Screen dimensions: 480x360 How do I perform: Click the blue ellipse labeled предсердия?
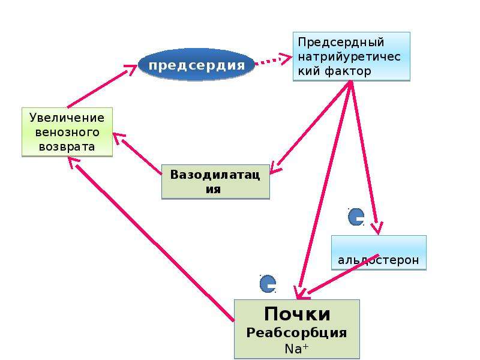pos(196,65)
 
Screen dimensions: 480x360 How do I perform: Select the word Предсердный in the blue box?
pos(341,42)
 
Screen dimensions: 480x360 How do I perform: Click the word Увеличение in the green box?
pos(67,118)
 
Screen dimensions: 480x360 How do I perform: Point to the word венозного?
pos(67,132)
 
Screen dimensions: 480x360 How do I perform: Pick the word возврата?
pos(67,146)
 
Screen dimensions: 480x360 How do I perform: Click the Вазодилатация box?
pos(215,182)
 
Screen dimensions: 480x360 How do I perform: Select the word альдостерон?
pos(379,260)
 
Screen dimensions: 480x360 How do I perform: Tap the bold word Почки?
pos(297,314)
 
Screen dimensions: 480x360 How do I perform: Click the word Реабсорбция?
pos(296,333)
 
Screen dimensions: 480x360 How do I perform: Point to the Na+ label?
pos(296,349)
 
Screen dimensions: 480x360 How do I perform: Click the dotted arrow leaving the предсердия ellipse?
pos(273,60)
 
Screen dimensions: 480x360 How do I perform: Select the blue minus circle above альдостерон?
pos(356,217)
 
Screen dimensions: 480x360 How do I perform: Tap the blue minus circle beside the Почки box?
pos(268,284)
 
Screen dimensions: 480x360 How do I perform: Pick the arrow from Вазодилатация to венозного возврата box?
pos(137,154)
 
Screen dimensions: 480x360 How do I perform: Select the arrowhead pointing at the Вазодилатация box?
pos(274,168)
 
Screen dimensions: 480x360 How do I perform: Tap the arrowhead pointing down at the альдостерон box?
pos(377,228)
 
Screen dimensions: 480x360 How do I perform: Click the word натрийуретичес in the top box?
pos(349,57)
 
